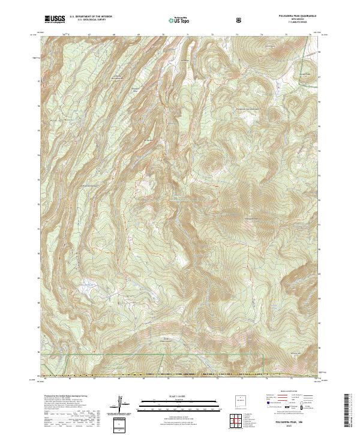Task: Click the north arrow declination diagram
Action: click(x=122, y=403)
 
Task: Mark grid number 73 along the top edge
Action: click(x=236, y=35)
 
